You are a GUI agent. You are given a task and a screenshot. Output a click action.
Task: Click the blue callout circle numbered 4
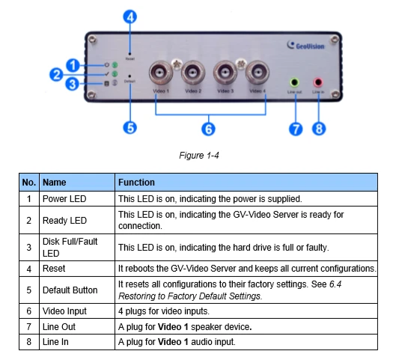[130, 15]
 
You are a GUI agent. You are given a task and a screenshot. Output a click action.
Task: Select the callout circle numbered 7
[296, 128]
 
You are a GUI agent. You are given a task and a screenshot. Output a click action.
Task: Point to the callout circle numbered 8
[320, 128]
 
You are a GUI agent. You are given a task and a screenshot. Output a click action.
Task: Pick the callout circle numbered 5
[130, 127]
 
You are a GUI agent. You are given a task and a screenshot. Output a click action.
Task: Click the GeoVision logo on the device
[307, 45]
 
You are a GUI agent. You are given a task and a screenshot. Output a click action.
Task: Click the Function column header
[137, 182]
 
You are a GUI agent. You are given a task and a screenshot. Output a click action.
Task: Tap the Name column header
[55, 182]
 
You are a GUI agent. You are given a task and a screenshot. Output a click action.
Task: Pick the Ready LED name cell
[65, 221]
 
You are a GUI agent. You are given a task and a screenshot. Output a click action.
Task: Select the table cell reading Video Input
[66, 311]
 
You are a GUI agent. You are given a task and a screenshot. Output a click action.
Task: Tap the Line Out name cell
[60, 326]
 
